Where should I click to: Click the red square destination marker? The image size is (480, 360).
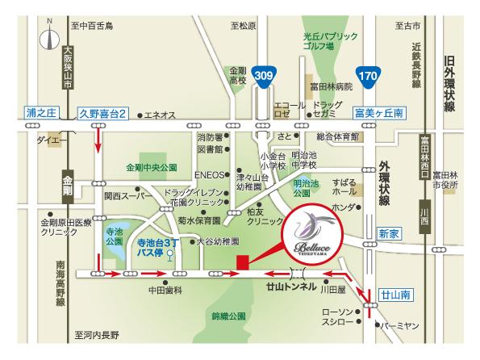[x=242, y=261]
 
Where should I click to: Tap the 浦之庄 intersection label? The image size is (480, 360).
[x=38, y=115]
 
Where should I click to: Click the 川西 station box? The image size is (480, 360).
[x=425, y=217]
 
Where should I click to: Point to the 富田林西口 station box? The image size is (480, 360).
[x=425, y=153]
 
